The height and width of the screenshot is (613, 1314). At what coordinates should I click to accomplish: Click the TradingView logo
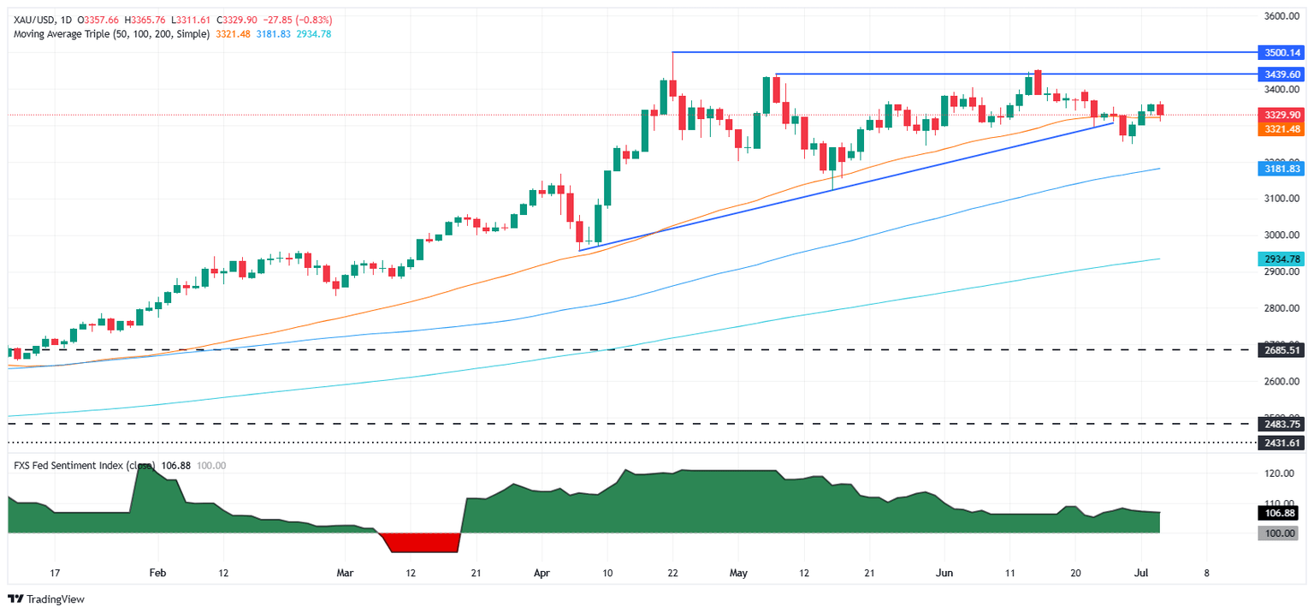tap(47, 599)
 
